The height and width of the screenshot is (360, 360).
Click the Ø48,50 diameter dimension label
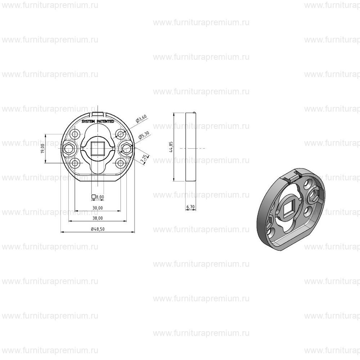[98, 229]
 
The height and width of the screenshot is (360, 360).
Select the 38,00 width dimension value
[98, 218]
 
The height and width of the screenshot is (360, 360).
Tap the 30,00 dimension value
[98, 208]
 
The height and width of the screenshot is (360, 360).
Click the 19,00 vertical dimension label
[42, 149]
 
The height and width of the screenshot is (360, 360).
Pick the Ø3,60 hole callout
[141, 119]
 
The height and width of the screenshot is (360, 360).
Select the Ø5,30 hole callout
[144, 135]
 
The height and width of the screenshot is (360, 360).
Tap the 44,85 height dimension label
[171, 147]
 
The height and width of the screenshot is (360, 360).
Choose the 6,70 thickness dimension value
[190, 207]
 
